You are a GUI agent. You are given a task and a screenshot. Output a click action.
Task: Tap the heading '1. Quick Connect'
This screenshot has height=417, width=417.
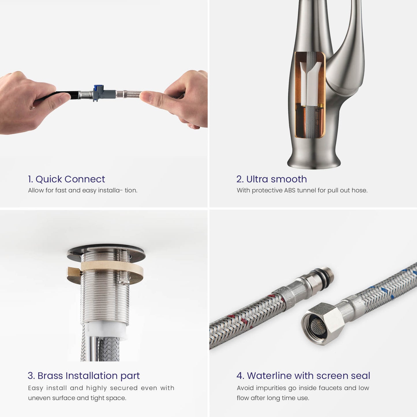coord(66,179)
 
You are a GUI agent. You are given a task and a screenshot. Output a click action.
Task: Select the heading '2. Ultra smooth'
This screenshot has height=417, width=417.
coord(272,179)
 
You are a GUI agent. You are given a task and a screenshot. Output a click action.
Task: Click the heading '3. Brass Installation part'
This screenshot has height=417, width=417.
coord(84,376)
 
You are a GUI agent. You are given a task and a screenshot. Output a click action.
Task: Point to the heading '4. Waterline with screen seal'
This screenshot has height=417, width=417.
coord(303,376)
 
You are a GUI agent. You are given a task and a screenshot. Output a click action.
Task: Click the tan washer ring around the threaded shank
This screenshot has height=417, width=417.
coord(105,271)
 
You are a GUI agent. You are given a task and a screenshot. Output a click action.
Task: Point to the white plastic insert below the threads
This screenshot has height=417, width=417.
coord(107,330)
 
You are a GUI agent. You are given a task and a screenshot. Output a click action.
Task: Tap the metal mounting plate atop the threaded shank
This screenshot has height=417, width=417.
coord(106,252)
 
